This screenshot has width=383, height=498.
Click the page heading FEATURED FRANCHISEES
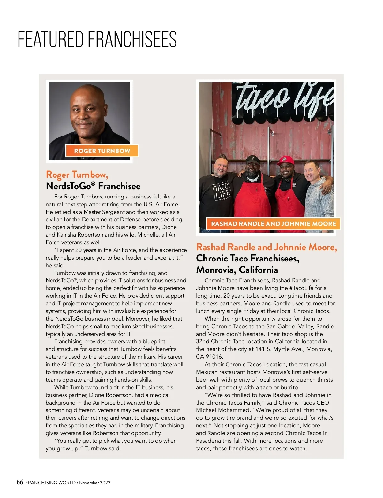pos(97,39)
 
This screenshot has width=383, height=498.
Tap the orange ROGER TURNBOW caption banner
pos(102,151)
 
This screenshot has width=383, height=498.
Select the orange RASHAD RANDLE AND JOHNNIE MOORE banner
pos(274,224)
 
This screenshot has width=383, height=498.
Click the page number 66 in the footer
pos(20,482)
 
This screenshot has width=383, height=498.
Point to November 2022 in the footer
pos(95,483)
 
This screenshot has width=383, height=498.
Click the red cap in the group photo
pos(286,160)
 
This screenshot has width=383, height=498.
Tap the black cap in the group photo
pos(252,159)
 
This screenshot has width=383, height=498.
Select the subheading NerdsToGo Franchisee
pos(93,186)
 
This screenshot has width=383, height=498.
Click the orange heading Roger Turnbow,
pos(77,175)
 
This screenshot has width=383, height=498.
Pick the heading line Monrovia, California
pos(237,270)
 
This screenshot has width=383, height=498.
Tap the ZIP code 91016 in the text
pos(214,357)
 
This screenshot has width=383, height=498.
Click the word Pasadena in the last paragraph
pos(208,441)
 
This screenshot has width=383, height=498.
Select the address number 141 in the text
pos(260,349)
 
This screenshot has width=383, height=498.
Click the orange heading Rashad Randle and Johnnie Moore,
pos(267,247)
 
